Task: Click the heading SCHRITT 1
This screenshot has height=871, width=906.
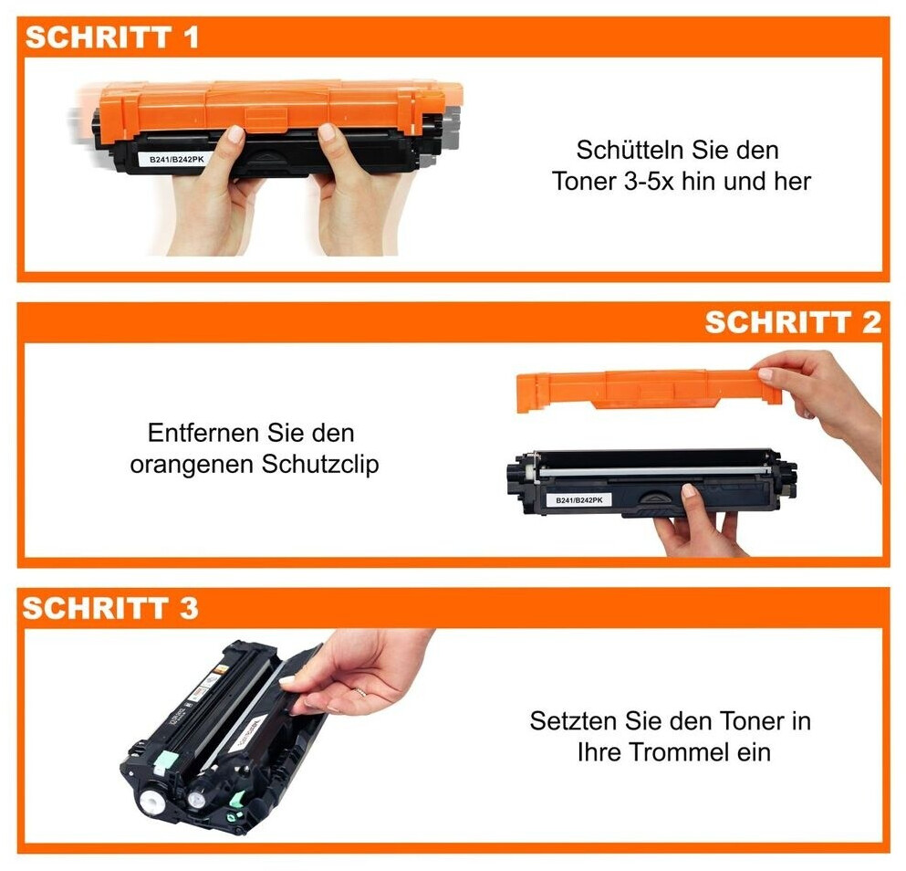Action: click(x=111, y=37)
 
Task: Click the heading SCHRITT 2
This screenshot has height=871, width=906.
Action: click(x=792, y=322)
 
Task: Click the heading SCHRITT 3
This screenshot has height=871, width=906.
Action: click(x=110, y=608)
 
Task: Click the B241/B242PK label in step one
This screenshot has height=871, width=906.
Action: click(x=172, y=159)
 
